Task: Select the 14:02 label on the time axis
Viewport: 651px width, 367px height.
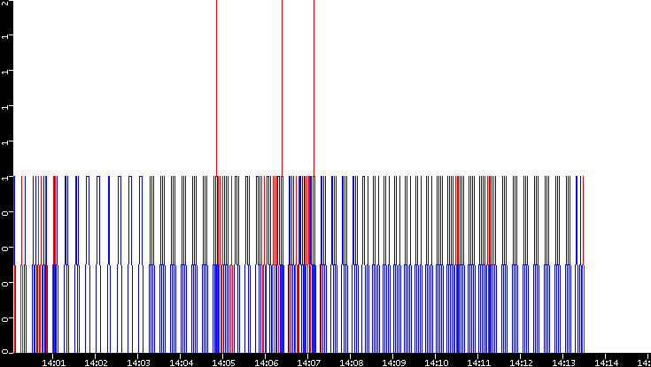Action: (x=96, y=361)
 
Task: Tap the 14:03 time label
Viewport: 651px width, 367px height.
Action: (x=138, y=361)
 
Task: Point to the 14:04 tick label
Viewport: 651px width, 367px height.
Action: (x=181, y=361)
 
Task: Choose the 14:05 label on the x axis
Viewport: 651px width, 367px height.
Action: (x=223, y=361)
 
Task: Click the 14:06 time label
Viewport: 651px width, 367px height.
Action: (x=266, y=361)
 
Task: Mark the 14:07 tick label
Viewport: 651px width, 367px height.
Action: (x=308, y=361)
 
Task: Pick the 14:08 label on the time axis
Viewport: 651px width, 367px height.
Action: (x=351, y=361)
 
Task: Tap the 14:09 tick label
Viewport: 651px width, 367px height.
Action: (x=393, y=361)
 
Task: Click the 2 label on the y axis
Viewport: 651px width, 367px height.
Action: (x=4, y=4)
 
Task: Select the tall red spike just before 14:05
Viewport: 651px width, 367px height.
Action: (x=216, y=88)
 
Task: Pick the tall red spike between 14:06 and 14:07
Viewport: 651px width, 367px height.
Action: (x=282, y=88)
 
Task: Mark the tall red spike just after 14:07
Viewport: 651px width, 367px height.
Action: (x=314, y=88)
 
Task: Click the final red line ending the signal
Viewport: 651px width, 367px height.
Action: (x=584, y=221)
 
